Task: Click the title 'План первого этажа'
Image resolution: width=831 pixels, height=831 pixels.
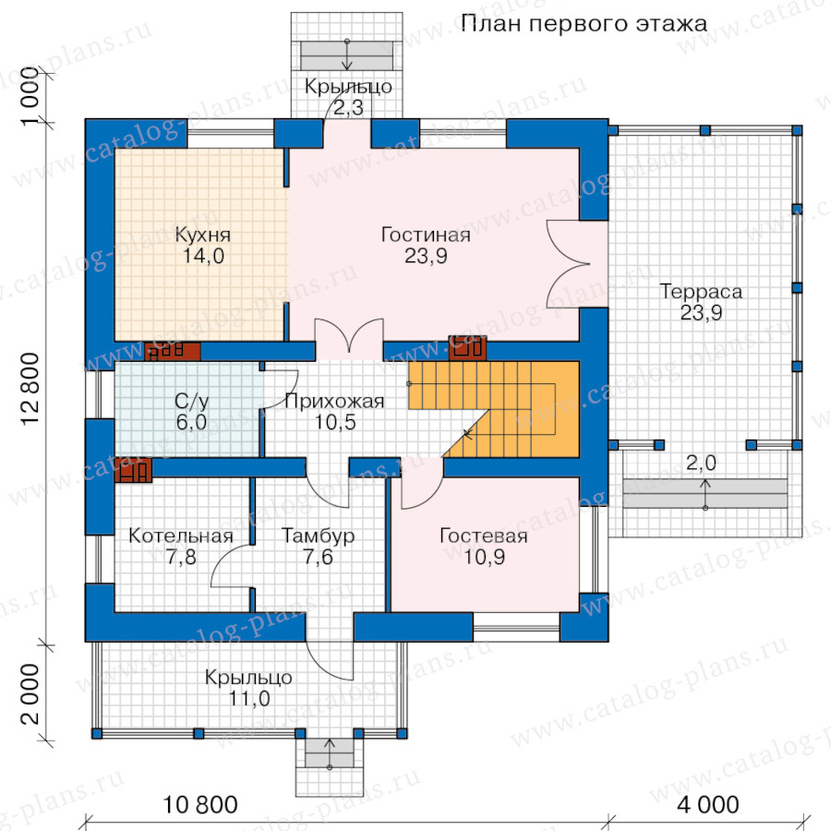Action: click(584, 24)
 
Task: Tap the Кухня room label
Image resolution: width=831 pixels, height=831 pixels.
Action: click(203, 235)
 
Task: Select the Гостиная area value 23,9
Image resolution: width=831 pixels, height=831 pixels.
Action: click(426, 256)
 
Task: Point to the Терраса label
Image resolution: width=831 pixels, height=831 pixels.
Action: click(701, 292)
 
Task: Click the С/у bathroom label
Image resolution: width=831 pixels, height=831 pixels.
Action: click(191, 401)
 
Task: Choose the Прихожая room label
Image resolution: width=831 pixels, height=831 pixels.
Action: click(334, 402)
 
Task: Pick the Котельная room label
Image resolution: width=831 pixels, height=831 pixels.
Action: click(181, 536)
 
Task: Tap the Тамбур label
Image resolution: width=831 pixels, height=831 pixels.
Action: click(318, 536)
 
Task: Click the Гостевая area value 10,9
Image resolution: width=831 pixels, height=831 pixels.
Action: click(484, 557)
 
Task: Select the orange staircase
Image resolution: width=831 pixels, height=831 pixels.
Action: click(509, 409)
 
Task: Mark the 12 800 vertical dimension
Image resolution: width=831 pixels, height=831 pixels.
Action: click(30, 389)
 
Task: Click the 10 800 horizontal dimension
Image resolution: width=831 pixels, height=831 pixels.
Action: click(199, 804)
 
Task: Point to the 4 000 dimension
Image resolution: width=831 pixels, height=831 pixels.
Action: click(707, 804)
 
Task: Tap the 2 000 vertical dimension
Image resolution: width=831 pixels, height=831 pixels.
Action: click(30, 694)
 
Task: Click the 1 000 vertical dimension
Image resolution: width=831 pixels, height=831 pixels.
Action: click(30, 96)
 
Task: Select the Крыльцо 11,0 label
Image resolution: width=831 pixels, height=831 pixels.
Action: click(248, 688)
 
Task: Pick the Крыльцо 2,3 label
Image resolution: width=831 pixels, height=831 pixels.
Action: click(348, 97)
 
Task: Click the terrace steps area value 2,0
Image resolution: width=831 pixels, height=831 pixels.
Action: click(701, 464)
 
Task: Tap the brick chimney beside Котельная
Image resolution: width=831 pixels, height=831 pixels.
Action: click(133, 470)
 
